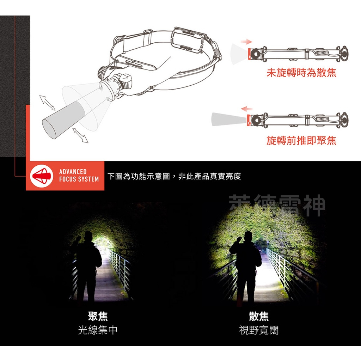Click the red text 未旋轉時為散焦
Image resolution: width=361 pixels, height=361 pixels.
tap(301, 73)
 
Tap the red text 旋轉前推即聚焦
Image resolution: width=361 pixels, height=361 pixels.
tap(301, 141)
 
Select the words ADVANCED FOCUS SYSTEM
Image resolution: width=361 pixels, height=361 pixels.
tap(79, 176)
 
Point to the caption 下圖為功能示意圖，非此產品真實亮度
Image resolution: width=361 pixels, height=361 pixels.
tap(174, 176)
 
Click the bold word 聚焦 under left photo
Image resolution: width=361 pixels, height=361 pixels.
tap(98, 316)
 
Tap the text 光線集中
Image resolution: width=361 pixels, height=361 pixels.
tap(98, 330)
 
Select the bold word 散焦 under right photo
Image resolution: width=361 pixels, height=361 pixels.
tap(259, 316)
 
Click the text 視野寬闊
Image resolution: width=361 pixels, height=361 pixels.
tap(259, 330)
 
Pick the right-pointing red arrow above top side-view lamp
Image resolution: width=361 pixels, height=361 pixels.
tap(246, 42)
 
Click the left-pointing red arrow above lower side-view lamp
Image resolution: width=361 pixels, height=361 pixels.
tap(247, 108)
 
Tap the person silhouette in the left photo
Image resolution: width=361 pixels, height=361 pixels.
tap(86, 266)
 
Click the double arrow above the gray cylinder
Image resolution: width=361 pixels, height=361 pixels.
tap(47, 102)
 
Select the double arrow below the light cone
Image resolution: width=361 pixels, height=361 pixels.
tap(80, 135)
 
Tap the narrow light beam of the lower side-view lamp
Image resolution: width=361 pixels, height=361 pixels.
tap(227, 119)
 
